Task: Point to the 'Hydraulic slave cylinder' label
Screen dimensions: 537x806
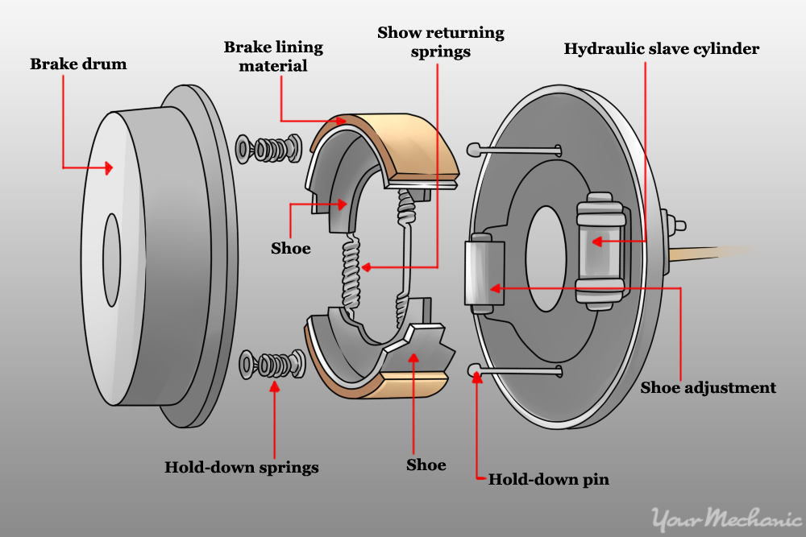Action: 661,49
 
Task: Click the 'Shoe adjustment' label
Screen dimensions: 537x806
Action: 708,387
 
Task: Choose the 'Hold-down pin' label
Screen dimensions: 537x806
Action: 548,480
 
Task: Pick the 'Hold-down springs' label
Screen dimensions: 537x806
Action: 241,467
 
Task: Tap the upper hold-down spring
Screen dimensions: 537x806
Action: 269,149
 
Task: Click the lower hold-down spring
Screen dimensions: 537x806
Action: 272,364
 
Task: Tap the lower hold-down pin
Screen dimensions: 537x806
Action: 520,370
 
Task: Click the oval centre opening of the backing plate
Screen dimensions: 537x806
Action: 547,257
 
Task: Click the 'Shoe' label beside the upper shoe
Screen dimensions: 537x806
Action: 290,248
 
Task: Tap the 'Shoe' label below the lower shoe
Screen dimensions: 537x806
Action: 426,465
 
